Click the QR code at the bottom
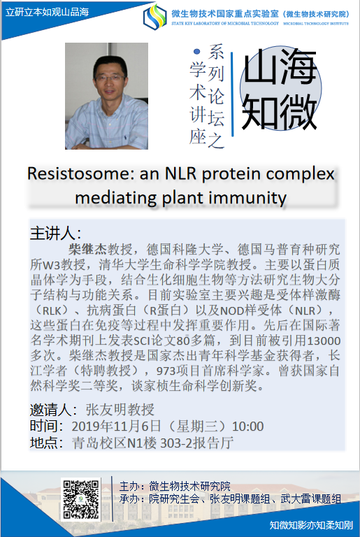coord(81,499)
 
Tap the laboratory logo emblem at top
coord(155,17)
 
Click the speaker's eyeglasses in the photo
coord(110,78)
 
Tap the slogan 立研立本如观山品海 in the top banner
coord(48,12)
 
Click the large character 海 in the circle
coord(297,66)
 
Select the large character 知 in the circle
coord(259,111)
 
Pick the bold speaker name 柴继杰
coord(87,249)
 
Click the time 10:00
coord(247,427)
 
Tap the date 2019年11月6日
coord(116,427)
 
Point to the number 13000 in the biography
coord(324,341)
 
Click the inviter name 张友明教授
coord(120,410)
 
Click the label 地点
coord(43,443)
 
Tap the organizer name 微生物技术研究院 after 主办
coord(189,487)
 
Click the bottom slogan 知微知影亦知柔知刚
coord(311,525)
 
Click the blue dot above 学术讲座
coord(196,52)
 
